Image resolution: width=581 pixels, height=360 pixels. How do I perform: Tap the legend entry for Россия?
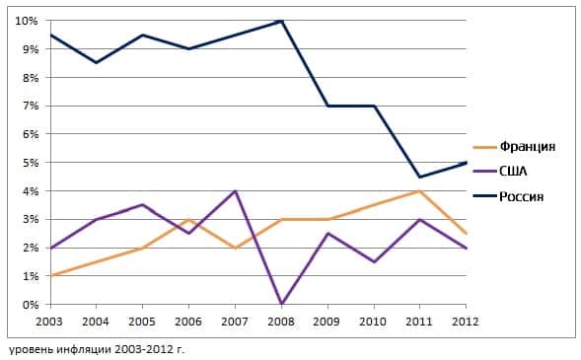pyautogui.click(x=523, y=196)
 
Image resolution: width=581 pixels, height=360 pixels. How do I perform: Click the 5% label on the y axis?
pyautogui.click(x=29, y=163)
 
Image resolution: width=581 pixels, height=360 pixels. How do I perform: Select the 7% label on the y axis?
pyautogui.click(x=29, y=107)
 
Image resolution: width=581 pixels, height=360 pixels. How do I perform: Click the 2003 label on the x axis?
pyautogui.click(x=49, y=321)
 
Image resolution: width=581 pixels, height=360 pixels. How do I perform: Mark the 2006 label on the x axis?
pyautogui.click(x=188, y=321)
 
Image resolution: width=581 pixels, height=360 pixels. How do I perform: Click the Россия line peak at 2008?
pyautogui.click(x=282, y=21)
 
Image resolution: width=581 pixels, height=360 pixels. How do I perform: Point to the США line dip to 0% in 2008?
pyautogui.click(x=282, y=304)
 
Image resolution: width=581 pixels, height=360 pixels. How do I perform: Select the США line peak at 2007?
pyautogui.click(x=236, y=191)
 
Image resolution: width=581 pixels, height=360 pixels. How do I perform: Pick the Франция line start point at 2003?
pyautogui.click(x=49, y=276)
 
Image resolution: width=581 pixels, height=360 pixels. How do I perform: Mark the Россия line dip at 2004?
pyautogui.click(x=96, y=63)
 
